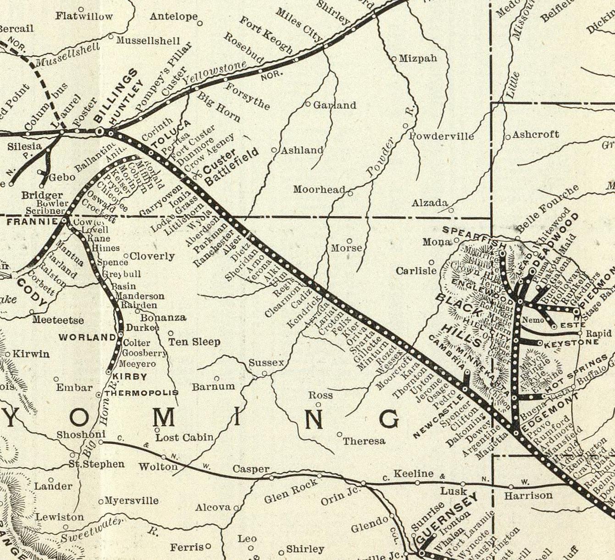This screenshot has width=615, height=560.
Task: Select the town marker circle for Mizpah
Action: tap(394, 59)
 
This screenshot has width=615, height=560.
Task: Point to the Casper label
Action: tap(251, 469)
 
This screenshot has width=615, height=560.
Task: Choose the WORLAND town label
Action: tap(87, 338)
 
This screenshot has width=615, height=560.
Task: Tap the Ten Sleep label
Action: tap(194, 342)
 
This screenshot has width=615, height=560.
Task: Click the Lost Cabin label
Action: tap(184, 438)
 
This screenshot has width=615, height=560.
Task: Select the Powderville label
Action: tap(441, 136)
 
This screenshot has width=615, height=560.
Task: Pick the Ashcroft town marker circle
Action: tap(508, 137)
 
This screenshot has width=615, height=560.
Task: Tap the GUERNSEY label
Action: tap(447, 519)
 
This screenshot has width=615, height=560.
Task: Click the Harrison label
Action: tap(528, 496)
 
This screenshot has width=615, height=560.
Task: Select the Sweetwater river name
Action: tap(92, 530)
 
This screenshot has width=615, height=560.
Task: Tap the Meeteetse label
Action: tap(58, 320)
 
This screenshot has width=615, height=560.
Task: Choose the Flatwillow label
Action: tap(84, 17)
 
